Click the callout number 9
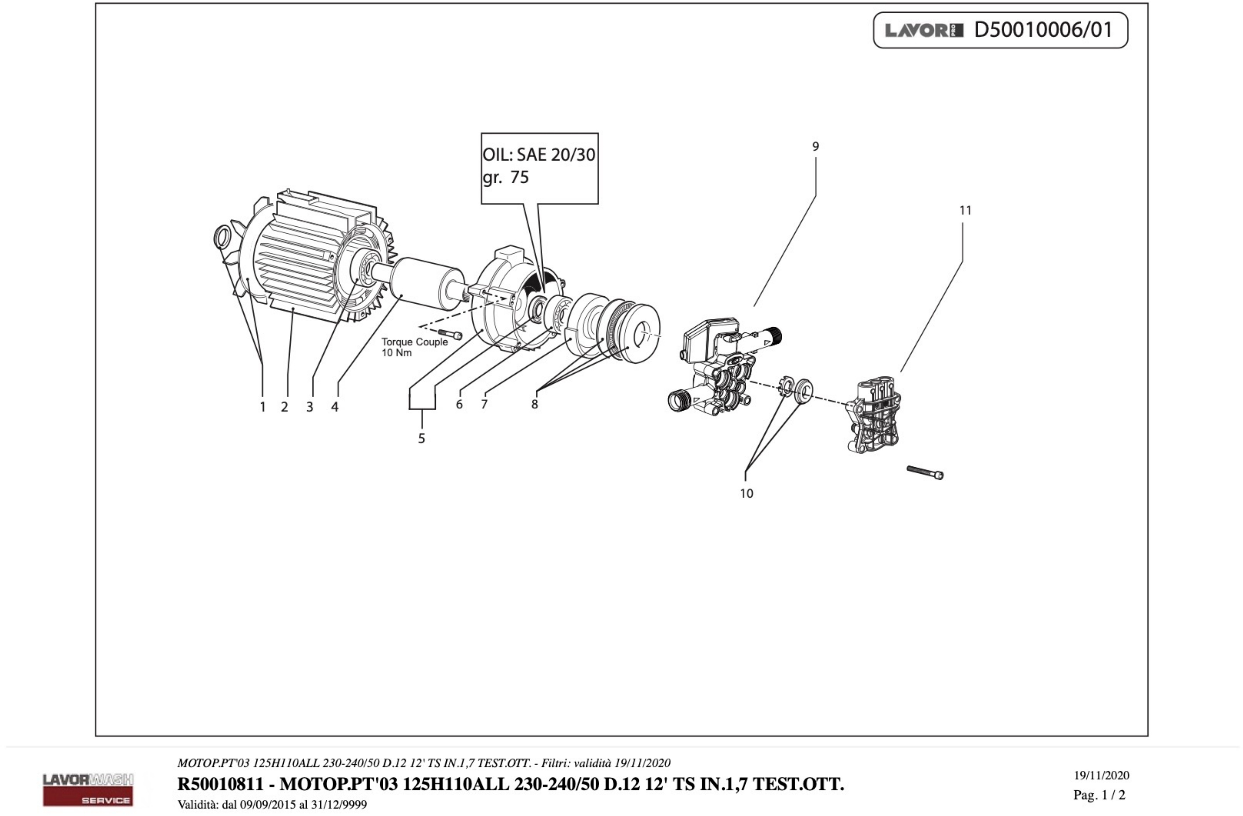click(815, 147)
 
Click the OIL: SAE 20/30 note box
click(539, 168)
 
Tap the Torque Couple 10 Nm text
click(414, 347)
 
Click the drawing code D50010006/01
click(1043, 30)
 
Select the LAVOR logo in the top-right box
click(923, 30)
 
